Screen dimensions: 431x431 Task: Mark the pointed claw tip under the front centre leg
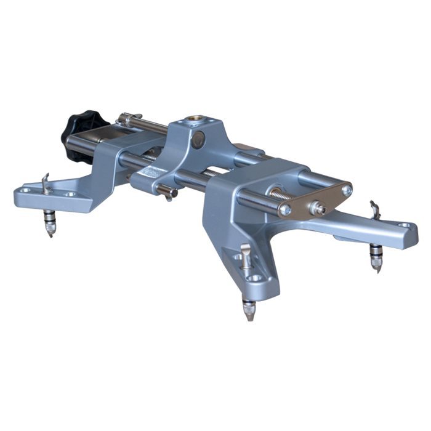249,314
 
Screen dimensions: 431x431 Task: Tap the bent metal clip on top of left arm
46,183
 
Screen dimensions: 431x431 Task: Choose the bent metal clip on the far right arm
374,209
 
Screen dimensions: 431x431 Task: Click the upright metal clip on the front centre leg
245,255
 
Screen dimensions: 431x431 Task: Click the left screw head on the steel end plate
285,210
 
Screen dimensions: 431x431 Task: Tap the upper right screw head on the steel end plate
347,190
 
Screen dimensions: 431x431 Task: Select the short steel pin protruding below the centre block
167,193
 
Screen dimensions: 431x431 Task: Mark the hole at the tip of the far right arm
404,227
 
